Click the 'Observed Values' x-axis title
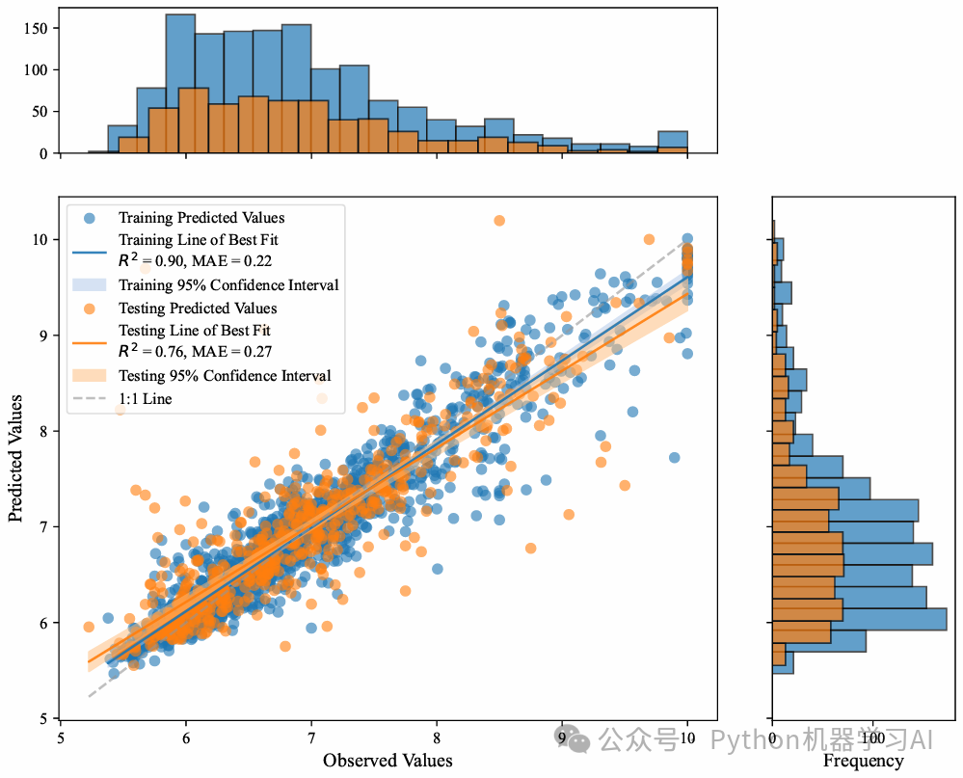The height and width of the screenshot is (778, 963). point(388,761)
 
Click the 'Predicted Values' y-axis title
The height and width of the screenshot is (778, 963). point(16,457)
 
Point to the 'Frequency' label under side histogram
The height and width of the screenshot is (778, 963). point(864,761)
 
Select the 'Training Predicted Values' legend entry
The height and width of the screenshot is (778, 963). point(201,217)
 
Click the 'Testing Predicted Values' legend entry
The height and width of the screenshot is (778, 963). point(198,309)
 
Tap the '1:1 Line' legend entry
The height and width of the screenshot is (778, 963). point(145,397)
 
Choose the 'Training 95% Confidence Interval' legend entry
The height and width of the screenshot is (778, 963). point(228,285)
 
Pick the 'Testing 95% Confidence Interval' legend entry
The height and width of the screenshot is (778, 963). point(225,376)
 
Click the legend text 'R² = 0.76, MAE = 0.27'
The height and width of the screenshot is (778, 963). point(206,352)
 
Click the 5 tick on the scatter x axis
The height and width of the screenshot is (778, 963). point(61,738)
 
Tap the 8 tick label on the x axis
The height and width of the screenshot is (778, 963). point(437,738)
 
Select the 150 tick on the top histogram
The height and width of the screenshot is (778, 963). point(36,28)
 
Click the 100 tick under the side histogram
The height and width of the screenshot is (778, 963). point(872,738)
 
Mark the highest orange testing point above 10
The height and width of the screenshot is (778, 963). point(498,221)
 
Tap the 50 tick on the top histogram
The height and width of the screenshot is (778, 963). point(40,112)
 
